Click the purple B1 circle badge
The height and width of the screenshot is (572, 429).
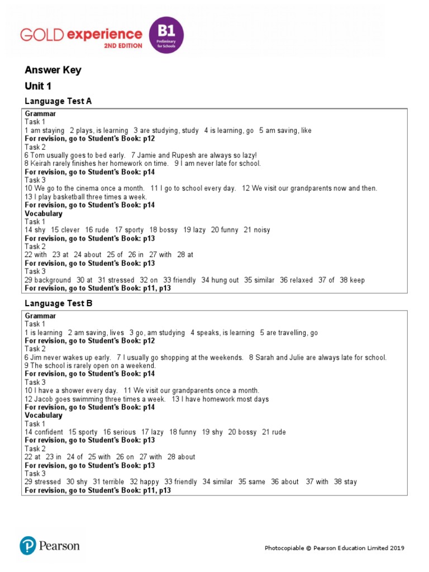pos(166,35)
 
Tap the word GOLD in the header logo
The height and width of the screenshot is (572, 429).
pos(41,35)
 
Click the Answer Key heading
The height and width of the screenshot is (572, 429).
pos(53,70)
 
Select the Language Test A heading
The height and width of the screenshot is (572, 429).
pos(58,101)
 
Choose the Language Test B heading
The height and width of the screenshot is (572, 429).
pos(58,303)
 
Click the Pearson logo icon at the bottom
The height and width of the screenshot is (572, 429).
pos(28,546)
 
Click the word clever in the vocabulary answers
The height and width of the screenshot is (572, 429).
pos(70,230)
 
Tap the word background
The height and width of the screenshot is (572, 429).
pos(53,280)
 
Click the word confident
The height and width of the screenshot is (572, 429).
pos(49,432)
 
